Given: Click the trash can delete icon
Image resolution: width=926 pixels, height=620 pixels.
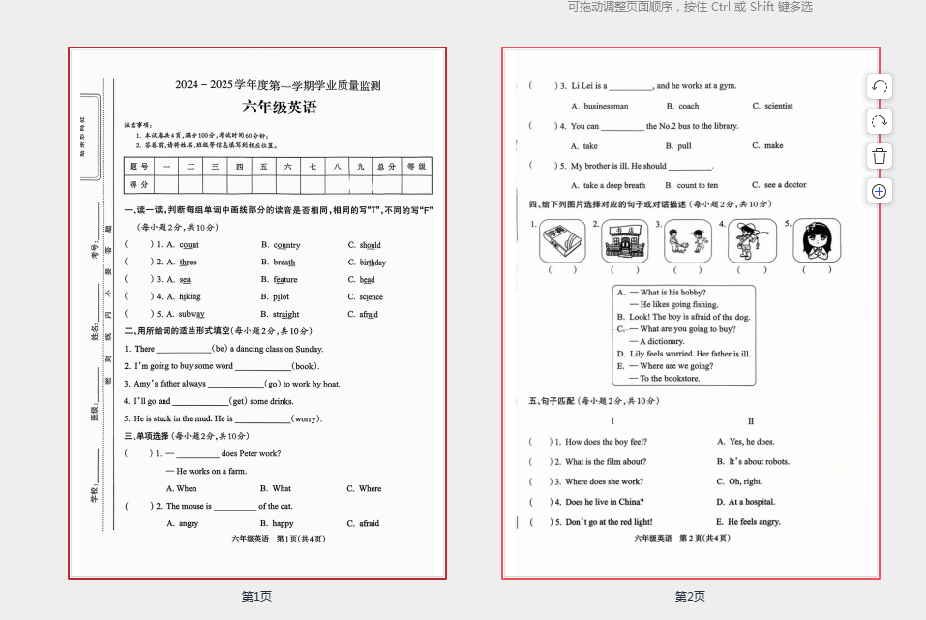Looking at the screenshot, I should [x=879, y=156].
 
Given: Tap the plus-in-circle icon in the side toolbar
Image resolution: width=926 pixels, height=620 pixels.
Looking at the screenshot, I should [x=879, y=191].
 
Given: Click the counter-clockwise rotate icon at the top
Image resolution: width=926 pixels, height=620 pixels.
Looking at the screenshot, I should [x=879, y=86].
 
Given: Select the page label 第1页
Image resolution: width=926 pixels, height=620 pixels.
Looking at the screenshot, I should [x=256, y=597].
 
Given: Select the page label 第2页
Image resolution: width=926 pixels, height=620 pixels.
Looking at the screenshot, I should [x=690, y=597].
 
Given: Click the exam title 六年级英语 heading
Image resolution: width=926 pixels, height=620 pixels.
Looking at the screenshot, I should [x=279, y=107].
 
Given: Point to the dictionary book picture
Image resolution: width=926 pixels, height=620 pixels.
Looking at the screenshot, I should [x=562, y=240].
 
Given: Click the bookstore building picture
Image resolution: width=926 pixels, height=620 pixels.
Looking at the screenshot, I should [x=625, y=240].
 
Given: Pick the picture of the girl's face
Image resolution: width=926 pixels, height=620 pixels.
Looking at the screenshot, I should [x=816, y=240].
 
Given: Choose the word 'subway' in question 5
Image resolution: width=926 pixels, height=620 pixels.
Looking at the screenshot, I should [x=191, y=314].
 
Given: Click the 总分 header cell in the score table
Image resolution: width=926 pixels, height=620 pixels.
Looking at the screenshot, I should [x=386, y=166].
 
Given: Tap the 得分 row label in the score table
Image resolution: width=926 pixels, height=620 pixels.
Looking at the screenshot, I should [x=139, y=184].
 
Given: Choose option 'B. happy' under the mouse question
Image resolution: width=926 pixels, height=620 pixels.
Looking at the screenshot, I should [x=277, y=523].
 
